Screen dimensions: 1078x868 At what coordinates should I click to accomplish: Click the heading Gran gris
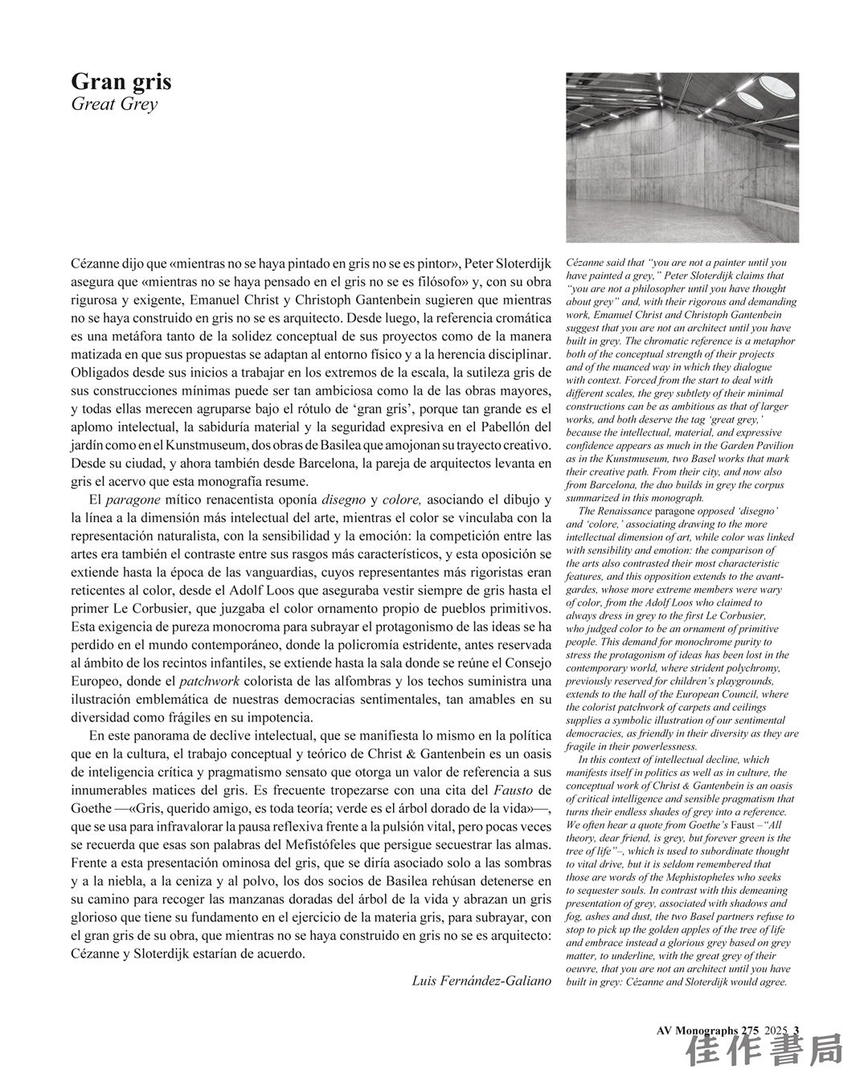pyautogui.click(x=121, y=81)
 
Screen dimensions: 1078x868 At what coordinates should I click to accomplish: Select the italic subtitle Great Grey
pyautogui.click(x=114, y=104)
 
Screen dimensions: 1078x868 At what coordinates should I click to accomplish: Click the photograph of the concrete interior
pyautogui.click(x=682, y=157)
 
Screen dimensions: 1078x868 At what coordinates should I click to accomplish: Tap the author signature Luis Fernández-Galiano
pyautogui.click(x=481, y=981)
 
